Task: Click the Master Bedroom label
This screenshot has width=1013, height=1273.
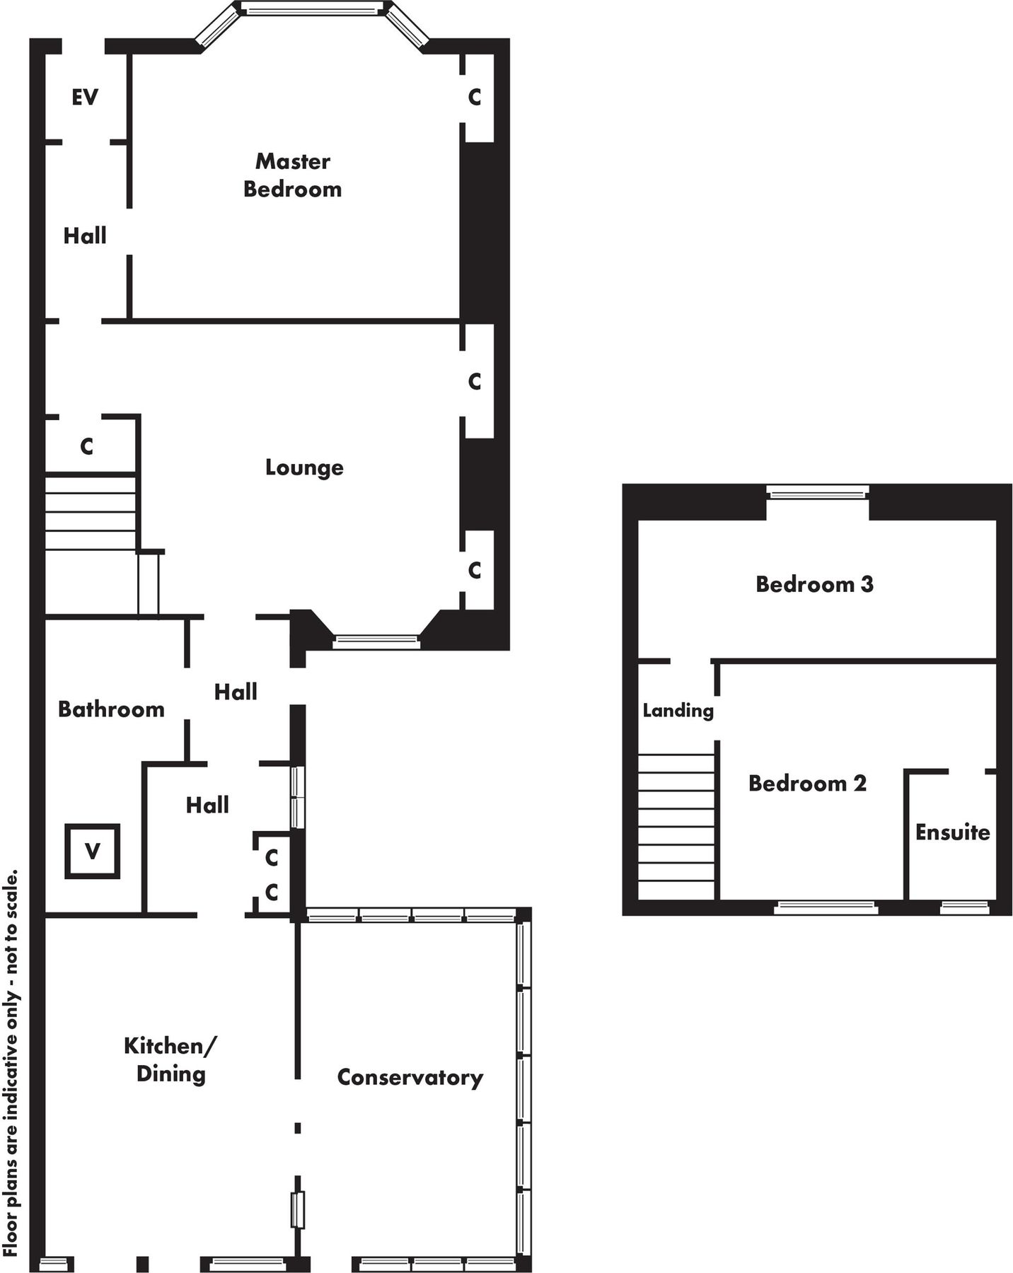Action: click(x=292, y=175)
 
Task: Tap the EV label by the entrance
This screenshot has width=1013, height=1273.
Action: click(x=84, y=97)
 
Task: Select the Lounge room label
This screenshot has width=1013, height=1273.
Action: click(x=304, y=467)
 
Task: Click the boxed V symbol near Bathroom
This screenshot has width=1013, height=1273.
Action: click(x=92, y=851)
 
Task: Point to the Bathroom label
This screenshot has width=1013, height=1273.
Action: click(x=111, y=709)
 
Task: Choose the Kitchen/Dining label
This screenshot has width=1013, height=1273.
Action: click(x=170, y=1059)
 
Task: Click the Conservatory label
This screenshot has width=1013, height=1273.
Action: click(x=410, y=1078)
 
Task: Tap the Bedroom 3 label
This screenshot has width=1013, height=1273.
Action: click(x=814, y=584)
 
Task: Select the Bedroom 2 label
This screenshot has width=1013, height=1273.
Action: click(x=807, y=784)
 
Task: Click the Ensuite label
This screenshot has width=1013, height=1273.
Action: click(x=952, y=832)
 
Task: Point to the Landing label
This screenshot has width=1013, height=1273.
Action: click(x=678, y=710)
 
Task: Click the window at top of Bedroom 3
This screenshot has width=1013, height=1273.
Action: click(x=817, y=492)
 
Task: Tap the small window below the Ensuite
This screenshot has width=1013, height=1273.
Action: click(x=964, y=907)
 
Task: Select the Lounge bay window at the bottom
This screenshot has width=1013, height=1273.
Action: click(x=376, y=642)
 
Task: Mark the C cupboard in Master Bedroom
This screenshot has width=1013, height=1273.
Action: click(x=475, y=97)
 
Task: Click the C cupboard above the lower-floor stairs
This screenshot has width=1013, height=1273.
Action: click(x=86, y=446)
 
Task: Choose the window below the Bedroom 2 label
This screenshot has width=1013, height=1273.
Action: click(x=826, y=907)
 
